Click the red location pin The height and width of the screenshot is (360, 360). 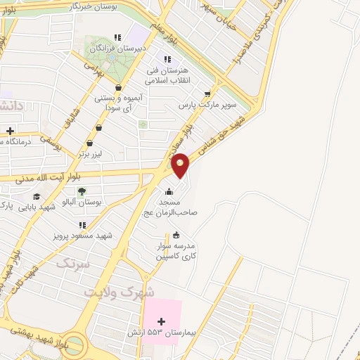click(x=181, y=165)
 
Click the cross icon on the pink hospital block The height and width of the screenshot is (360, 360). click(x=162, y=321)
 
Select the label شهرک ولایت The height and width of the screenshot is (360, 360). click(x=119, y=290)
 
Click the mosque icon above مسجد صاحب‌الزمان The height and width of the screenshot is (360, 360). click(x=168, y=191)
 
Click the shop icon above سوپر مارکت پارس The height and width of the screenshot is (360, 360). click(x=207, y=92)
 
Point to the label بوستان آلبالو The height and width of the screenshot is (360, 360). click(x=83, y=202)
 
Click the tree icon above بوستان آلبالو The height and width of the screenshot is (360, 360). click(x=82, y=190)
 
